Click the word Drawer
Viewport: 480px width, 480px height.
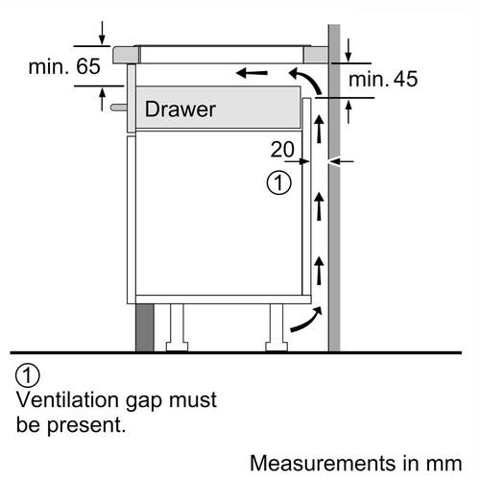(180, 109)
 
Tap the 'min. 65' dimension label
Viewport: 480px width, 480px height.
(64, 66)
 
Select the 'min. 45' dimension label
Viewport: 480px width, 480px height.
(383, 79)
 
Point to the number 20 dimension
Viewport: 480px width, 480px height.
(282, 149)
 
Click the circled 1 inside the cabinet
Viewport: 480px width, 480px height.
(279, 182)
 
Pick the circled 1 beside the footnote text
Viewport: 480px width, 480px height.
(28, 375)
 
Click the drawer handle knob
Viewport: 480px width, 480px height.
(118, 108)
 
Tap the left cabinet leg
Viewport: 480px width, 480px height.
(177, 327)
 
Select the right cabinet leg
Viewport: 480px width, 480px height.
(276, 327)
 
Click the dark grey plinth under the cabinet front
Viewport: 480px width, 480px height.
(145, 327)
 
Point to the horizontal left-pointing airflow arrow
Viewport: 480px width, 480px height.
(252, 73)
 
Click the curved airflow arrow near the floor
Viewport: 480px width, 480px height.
(306, 320)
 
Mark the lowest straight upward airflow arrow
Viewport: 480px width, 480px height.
(319, 271)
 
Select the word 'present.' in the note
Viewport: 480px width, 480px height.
(86, 426)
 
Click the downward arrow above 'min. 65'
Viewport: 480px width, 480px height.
(102, 33)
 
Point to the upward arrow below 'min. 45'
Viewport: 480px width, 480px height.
(348, 112)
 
